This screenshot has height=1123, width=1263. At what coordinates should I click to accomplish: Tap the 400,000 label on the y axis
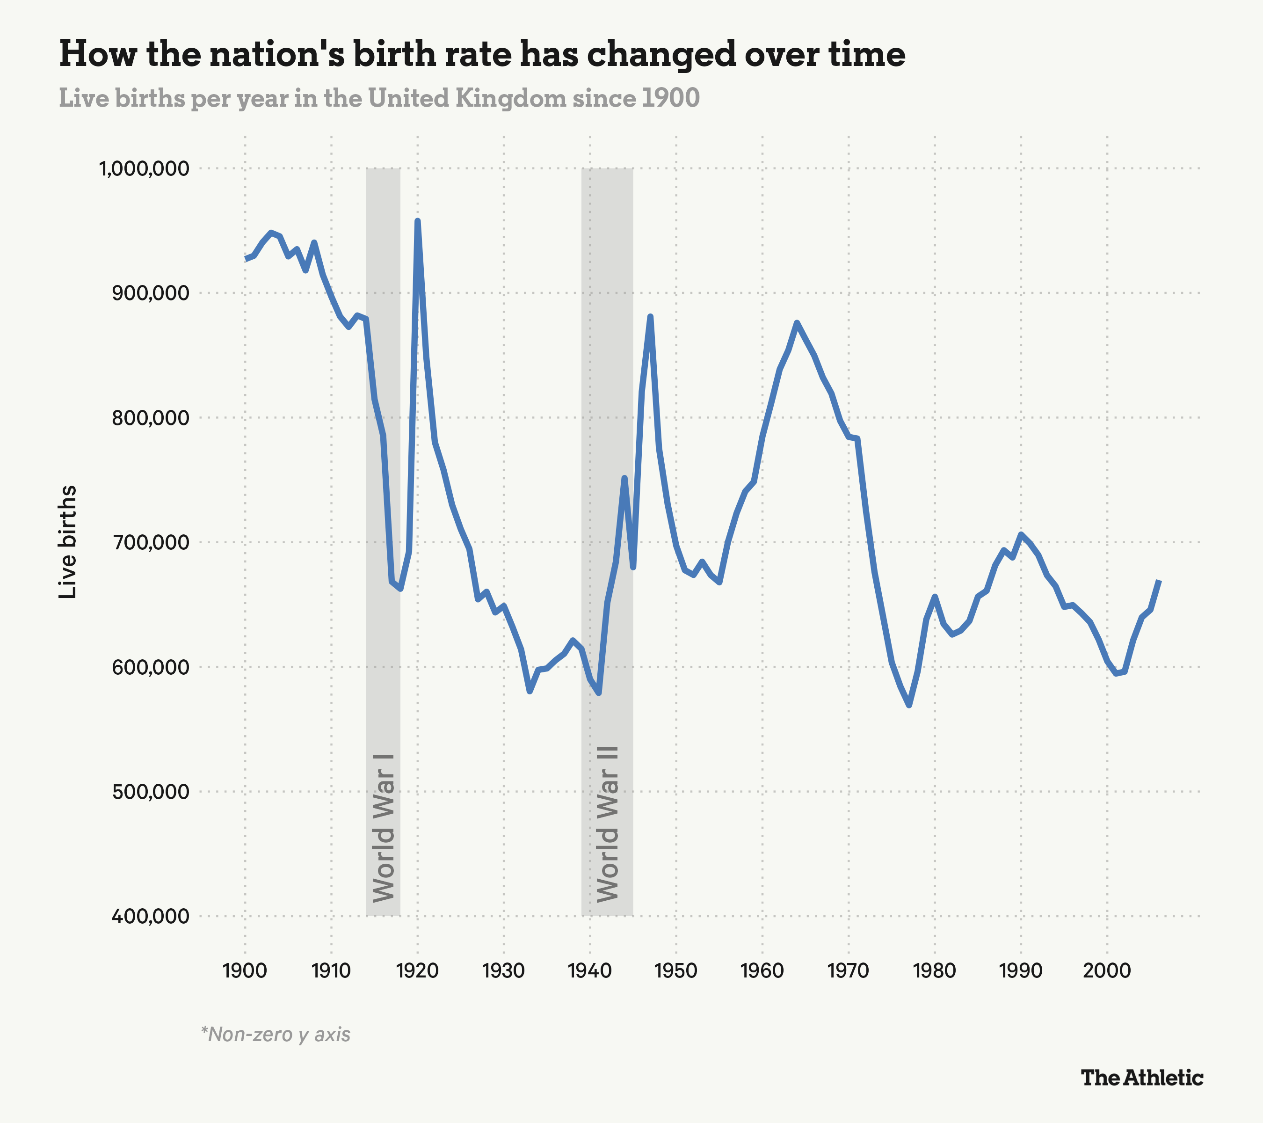[x=150, y=916]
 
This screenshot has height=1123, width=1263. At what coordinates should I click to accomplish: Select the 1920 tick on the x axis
[x=417, y=970]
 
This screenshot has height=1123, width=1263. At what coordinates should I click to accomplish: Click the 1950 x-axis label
[x=676, y=970]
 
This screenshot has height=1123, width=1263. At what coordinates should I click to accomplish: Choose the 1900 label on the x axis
[x=245, y=970]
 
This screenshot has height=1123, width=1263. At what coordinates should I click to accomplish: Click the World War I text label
[x=383, y=828]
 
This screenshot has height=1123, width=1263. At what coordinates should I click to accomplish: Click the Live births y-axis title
[x=67, y=542]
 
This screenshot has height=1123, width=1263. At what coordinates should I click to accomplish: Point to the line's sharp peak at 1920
[x=418, y=221]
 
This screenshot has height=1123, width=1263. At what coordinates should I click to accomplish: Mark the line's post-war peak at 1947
[x=650, y=317]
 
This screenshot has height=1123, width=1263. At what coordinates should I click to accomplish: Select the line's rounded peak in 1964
[x=797, y=323]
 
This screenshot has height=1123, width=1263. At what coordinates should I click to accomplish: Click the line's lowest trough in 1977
[x=908, y=704]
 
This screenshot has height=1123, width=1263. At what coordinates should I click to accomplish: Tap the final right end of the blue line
[x=1159, y=582]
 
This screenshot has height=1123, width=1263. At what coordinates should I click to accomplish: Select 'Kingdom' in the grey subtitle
[x=510, y=98]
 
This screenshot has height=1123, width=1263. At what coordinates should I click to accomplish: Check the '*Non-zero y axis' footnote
[x=276, y=1034]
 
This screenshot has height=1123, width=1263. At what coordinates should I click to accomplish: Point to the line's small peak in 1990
[x=1021, y=535]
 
